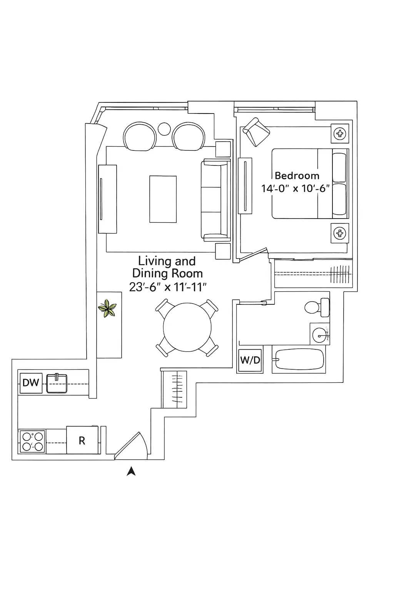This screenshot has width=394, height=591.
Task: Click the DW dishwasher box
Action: (x=31, y=383)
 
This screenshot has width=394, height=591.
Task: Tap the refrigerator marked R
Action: (x=82, y=440)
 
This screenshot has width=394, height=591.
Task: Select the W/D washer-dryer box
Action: (x=250, y=361)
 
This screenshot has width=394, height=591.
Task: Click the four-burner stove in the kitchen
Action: (x=32, y=441)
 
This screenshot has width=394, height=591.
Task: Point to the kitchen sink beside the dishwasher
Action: (x=57, y=383)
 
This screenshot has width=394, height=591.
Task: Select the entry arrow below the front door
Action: (x=131, y=471)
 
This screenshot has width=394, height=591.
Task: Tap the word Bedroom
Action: (x=297, y=176)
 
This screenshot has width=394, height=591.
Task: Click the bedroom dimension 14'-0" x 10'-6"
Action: (x=295, y=189)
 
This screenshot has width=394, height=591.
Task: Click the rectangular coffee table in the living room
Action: (x=163, y=199)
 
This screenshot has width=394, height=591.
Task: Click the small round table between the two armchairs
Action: (x=164, y=129)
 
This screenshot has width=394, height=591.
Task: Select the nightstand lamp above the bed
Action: (x=340, y=134)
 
